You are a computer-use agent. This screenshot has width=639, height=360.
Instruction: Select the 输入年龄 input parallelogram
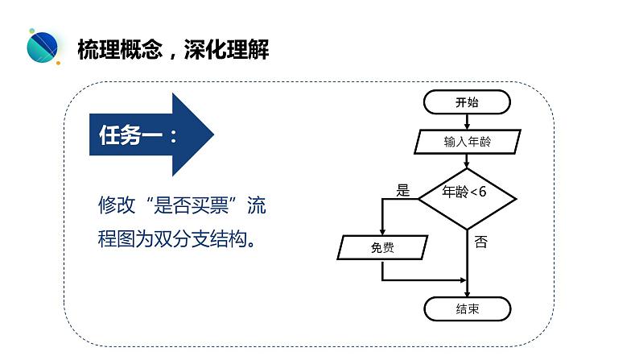click(468, 142)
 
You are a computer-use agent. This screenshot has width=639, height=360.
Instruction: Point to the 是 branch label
click(402, 190)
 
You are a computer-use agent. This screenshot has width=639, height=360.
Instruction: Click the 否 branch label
click(481, 242)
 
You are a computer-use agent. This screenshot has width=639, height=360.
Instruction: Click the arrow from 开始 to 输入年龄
click(467, 122)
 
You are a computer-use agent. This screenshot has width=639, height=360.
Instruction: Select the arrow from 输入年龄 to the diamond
click(467, 161)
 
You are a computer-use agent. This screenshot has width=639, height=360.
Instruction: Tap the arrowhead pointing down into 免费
click(382, 232)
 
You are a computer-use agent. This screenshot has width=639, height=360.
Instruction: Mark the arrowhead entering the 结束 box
click(467, 293)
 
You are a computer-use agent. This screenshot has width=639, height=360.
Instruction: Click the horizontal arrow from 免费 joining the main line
click(423, 280)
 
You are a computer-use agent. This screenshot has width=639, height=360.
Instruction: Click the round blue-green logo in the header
click(43, 47)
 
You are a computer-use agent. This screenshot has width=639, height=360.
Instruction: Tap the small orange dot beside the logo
click(58, 63)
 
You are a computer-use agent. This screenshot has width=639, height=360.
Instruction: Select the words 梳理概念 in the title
click(120, 50)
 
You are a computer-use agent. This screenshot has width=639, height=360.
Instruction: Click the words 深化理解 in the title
click(227, 50)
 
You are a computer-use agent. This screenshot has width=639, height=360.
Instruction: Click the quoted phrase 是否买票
click(192, 205)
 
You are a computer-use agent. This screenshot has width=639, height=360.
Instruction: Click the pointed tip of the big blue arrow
click(213, 134)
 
